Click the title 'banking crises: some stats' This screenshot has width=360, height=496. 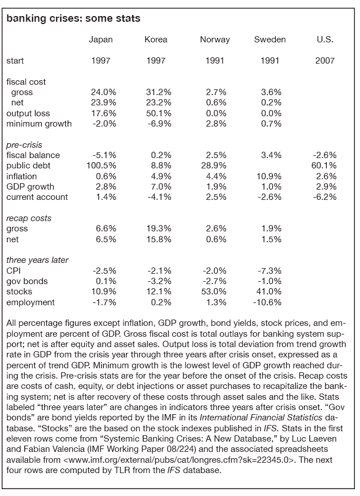click(x=73, y=19)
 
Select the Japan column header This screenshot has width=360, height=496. click(x=101, y=40)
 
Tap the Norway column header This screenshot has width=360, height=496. click(x=215, y=40)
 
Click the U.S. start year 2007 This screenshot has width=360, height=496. click(x=325, y=61)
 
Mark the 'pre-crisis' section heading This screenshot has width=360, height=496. click(x=24, y=145)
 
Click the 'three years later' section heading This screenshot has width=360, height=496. click(x=37, y=260)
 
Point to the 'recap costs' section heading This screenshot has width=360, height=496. click(x=29, y=218)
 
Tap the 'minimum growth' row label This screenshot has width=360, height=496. click(x=39, y=124)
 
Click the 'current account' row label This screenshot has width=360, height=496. click(x=37, y=197)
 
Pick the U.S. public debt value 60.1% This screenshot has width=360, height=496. click(x=325, y=166)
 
